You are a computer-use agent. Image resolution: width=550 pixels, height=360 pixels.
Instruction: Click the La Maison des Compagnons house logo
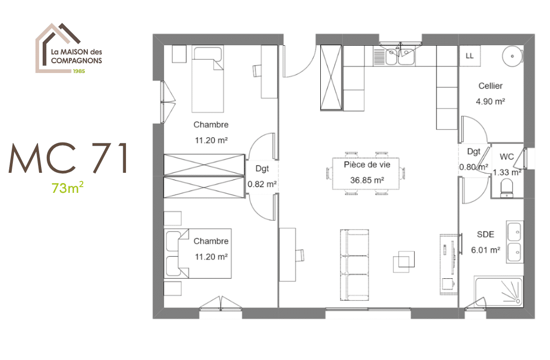pyautogui.click(x=69, y=48)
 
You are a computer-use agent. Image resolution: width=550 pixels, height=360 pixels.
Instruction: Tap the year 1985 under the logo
pyautogui.click(x=79, y=71)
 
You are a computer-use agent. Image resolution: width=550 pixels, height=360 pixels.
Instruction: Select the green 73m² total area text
pyautogui.click(x=68, y=189)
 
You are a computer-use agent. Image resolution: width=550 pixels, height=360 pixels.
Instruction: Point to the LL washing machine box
pyautogui.click(x=469, y=56)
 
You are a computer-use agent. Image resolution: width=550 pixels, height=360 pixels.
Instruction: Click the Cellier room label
pyautogui.click(x=490, y=86)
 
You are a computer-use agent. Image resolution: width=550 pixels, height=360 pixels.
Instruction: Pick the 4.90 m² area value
pyautogui.click(x=490, y=101)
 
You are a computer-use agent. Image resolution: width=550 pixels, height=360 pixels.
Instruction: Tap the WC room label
pyautogui.click(x=507, y=156)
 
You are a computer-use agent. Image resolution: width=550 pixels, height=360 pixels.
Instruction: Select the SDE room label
pyautogui.click(x=485, y=235)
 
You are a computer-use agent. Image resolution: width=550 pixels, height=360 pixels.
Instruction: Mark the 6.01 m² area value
pyautogui.click(x=485, y=250)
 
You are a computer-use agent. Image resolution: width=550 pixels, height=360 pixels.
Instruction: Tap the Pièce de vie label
pyautogui.click(x=367, y=165)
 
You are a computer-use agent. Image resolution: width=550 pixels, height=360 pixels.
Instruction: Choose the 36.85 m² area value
pyautogui.click(x=367, y=181)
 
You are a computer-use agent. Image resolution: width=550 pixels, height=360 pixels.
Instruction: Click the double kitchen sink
pyautogui.click(x=398, y=56)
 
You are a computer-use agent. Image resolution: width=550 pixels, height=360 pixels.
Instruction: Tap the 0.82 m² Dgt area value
pyautogui.click(x=263, y=184)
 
